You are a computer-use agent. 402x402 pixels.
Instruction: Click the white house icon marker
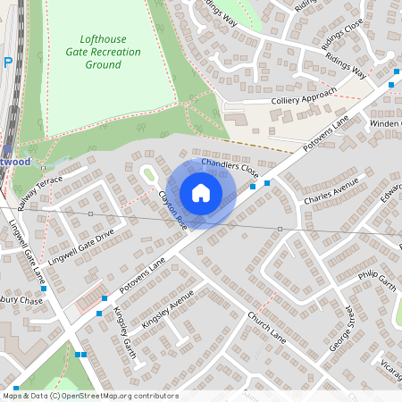[201, 193]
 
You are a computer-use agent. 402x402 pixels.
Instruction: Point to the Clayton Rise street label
[172, 208]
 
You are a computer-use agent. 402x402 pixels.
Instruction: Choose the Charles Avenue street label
[331, 191]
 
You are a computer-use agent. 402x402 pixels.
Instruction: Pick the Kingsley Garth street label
[122, 328]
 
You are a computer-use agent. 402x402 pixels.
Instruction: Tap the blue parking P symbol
[8, 63]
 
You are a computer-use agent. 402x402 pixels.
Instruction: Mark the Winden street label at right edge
[386, 122]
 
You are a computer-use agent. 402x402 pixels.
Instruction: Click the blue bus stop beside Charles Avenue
[267, 182]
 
